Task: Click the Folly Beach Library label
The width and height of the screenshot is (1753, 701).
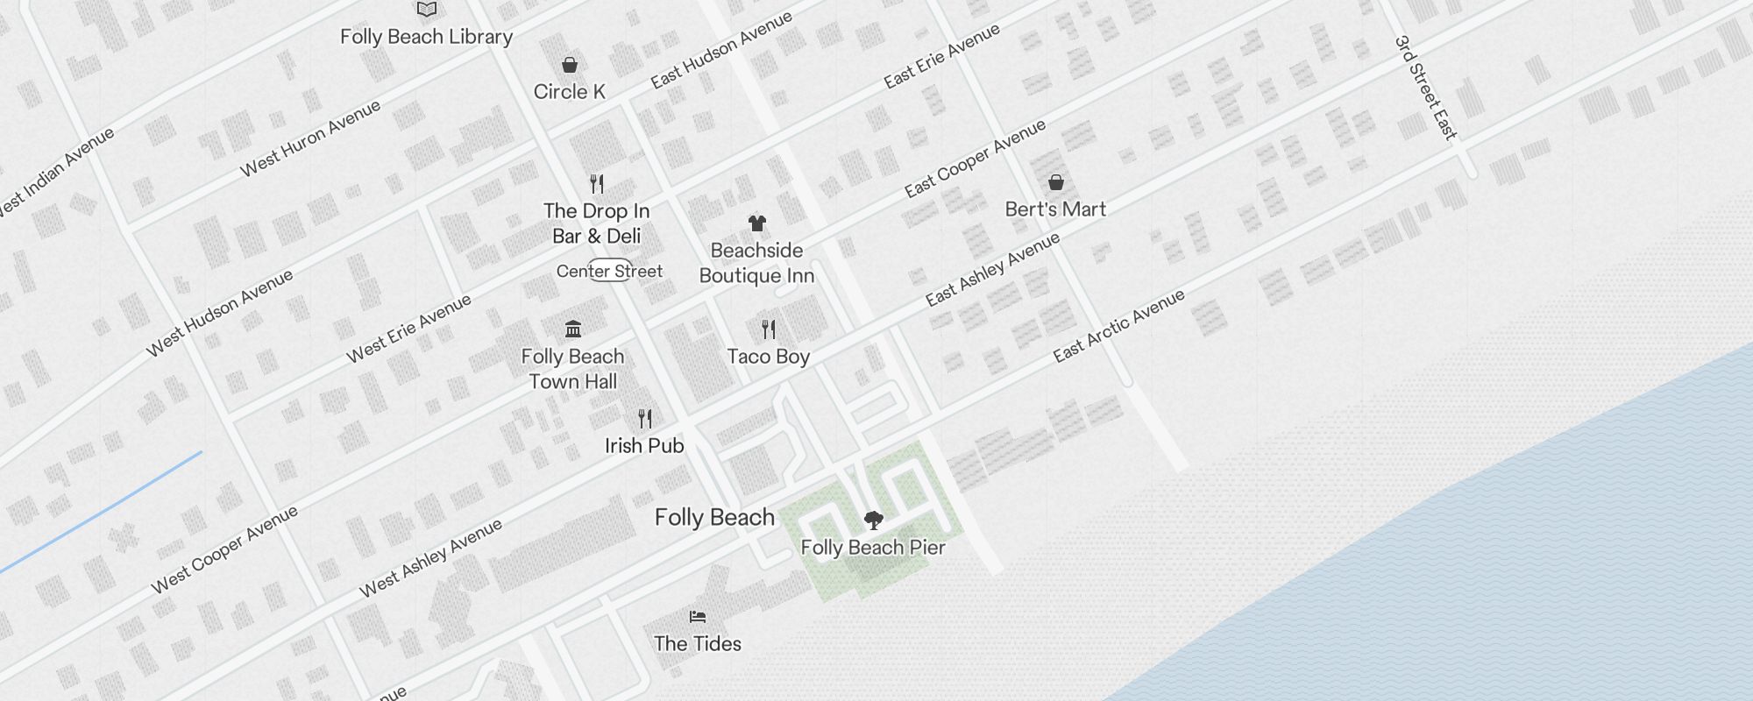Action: pyautogui.click(x=426, y=37)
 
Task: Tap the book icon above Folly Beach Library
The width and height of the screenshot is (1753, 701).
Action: pyautogui.click(x=427, y=10)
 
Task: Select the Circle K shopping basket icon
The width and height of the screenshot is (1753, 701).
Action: pyautogui.click(x=570, y=65)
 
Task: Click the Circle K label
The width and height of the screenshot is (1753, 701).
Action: pyautogui.click(x=570, y=92)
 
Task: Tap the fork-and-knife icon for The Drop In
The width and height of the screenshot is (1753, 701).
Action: pyautogui.click(x=597, y=184)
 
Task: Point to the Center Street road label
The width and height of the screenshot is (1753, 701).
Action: pyautogui.click(x=609, y=271)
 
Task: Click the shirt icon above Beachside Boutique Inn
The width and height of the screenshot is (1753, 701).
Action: pyautogui.click(x=757, y=223)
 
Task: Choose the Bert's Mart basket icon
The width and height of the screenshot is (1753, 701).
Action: pyautogui.click(x=1056, y=182)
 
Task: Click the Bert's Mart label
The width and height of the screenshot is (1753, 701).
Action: pyautogui.click(x=1055, y=209)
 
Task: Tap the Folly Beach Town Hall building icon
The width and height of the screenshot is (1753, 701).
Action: pyautogui.click(x=573, y=329)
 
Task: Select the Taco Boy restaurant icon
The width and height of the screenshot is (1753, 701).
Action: pyautogui.click(x=769, y=329)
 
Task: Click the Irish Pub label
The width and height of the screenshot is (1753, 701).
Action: pyautogui.click(x=644, y=446)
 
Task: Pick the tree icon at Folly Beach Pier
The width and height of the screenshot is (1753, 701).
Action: pyautogui.click(x=873, y=520)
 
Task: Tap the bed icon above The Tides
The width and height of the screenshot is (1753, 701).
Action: pyautogui.click(x=698, y=617)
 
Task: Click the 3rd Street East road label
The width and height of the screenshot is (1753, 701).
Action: pyautogui.click(x=1426, y=88)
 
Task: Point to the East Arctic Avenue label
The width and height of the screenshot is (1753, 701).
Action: pyautogui.click(x=1118, y=325)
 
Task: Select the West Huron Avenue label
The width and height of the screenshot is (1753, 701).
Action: pyautogui.click(x=310, y=138)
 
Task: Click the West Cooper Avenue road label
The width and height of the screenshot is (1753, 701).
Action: pyautogui.click(x=224, y=549)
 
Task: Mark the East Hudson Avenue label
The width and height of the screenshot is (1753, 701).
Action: pyautogui.click(x=721, y=50)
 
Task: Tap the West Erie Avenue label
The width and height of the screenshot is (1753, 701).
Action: pyautogui.click(x=408, y=329)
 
